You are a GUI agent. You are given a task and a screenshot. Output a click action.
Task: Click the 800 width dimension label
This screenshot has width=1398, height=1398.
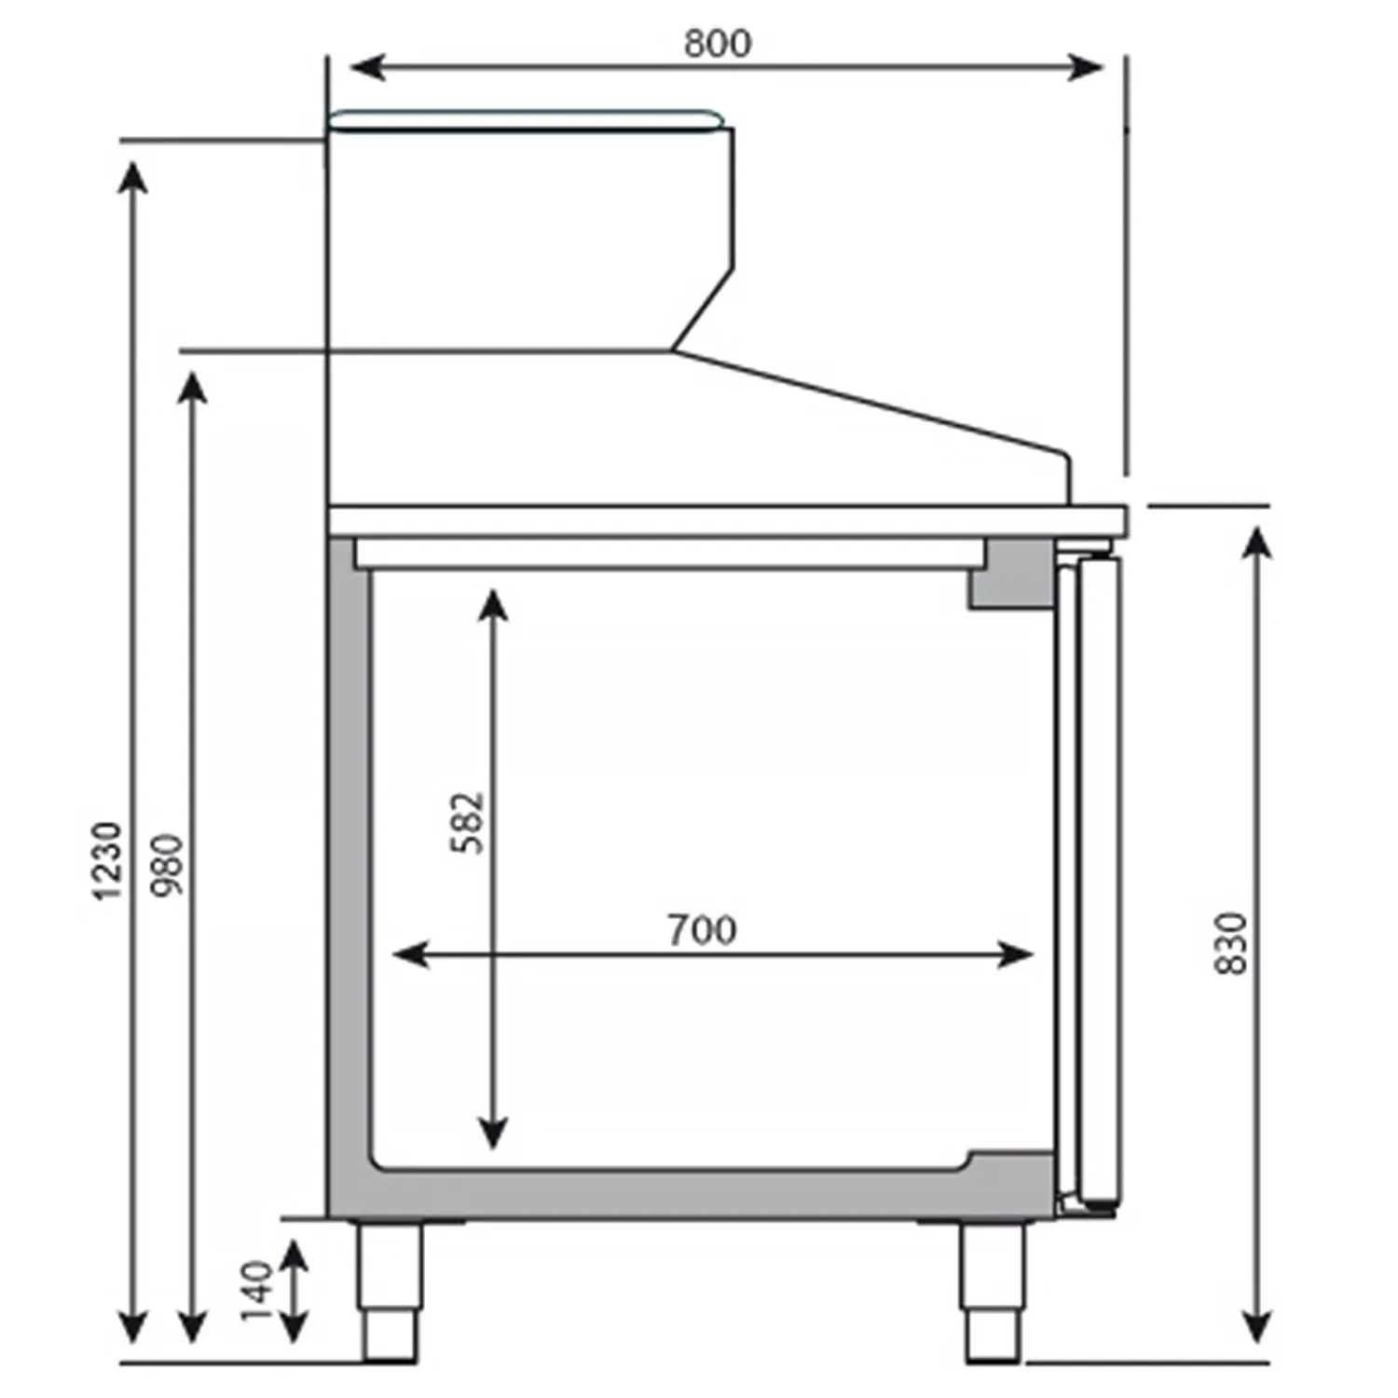click(x=717, y=43)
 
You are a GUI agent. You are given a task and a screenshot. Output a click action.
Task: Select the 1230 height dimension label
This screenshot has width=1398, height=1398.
click(x=107, y=860)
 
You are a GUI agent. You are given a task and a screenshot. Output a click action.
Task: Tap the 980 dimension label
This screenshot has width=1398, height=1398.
click(x=169, y=865)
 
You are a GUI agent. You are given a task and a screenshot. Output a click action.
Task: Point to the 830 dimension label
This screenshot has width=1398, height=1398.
click(x=1231, y=943)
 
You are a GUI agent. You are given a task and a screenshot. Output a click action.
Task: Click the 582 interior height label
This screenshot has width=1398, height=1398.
click(x=468, y=823)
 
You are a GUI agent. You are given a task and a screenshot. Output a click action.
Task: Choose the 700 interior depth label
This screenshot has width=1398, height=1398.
click(x=702, y=930)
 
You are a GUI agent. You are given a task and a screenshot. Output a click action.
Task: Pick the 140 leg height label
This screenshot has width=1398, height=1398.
click(x=256, y=1291)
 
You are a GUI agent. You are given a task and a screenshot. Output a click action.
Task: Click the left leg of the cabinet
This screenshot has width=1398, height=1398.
click(x=391, y=1291)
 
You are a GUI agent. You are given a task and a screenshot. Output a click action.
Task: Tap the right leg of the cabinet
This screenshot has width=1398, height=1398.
click(x=994, y=1291)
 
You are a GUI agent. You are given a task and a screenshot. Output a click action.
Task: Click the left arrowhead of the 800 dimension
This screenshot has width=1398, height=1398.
click(x=367, y=67)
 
